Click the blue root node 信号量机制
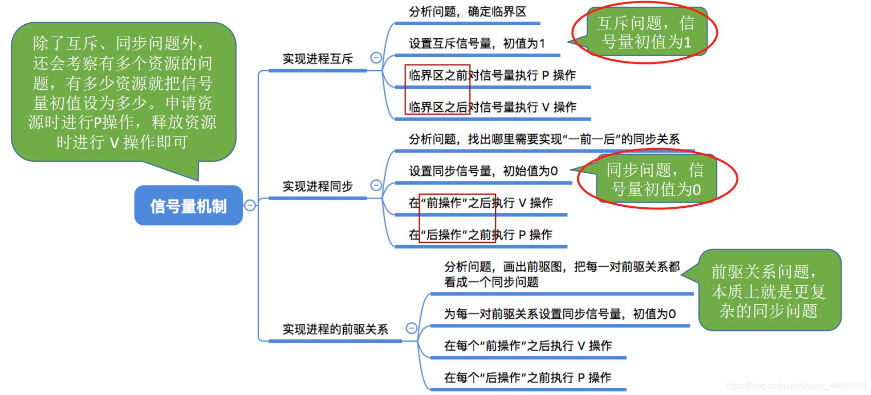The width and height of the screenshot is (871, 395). click(x=188, y=206)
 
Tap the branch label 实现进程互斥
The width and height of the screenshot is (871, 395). click(x=317, y=59)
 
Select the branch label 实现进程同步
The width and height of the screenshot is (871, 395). click(x=317, y=186)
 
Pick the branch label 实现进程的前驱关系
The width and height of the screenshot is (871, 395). click(x=335, y=329)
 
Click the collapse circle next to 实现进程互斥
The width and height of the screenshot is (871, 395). click(x=376, y=58)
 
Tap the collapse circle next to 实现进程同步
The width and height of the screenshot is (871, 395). click(x=376, y=185)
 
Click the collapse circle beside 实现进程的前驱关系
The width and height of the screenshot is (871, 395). click(x=411, y=328)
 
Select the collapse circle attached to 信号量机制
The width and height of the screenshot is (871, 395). click(x=250, y=205)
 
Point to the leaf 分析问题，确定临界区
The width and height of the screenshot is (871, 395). click(x=467, y=12)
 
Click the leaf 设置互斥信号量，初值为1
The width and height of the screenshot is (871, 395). click(x=477, y=44)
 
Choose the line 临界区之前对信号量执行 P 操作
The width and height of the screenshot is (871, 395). click(x=492, y=76)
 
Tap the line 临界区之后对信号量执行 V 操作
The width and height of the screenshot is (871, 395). click(x=492, y=107)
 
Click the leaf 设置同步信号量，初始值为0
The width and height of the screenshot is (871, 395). click(x=483, y=171)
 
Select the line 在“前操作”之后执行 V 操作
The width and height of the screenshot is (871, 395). click(x=480, y=203)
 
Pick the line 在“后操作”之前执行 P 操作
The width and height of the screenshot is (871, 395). click(x=480, y=235)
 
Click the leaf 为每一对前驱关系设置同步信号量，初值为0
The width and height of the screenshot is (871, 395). click(x=560, y=314)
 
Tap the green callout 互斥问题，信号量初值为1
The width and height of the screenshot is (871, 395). click(x=646, y=32)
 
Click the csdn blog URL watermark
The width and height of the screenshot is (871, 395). click(x=796, y=386)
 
